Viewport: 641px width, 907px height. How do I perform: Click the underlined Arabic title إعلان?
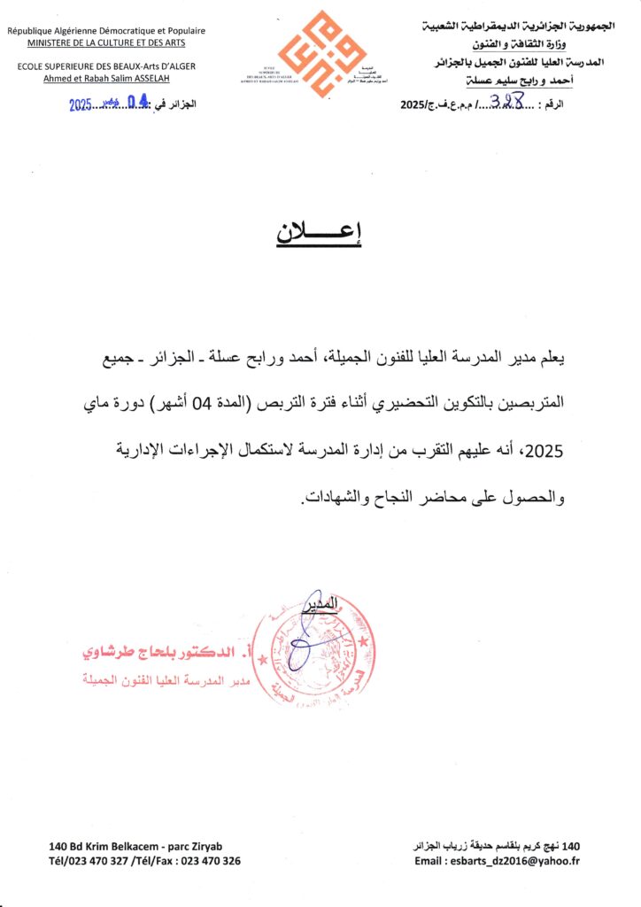click(x=320, y=233)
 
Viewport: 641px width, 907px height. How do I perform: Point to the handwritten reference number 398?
click(x=512, y=103)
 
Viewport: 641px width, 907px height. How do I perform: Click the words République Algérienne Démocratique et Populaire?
click(x=106, y=30)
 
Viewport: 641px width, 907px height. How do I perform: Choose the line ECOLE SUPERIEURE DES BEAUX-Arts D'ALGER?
click(x=106, y=66)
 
